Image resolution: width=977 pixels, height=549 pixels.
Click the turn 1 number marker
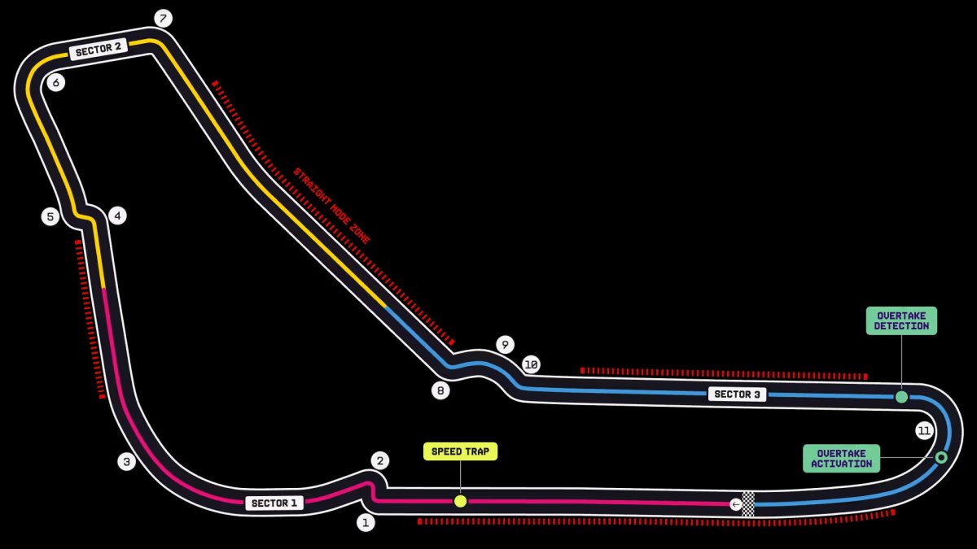366,522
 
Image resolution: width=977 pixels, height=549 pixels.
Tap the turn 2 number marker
380,460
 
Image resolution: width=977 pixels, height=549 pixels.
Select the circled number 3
126,461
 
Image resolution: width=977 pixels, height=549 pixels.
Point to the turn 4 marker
117,216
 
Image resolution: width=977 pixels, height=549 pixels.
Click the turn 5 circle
50,216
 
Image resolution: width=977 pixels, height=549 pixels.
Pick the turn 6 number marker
56,82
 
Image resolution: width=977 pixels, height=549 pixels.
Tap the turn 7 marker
163,19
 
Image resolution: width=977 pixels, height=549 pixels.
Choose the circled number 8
440,391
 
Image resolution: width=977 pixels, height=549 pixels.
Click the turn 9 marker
505,345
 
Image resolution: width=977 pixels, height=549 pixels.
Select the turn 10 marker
531,364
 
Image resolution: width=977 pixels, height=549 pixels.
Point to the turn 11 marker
924,431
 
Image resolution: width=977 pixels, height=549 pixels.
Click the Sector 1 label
274,503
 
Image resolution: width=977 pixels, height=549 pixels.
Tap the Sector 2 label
99,49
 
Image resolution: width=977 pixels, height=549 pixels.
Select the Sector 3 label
737,394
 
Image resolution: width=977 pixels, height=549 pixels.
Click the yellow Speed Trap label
460,451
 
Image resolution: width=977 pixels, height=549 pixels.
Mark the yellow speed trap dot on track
460,501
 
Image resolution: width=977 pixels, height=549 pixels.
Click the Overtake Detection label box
901,320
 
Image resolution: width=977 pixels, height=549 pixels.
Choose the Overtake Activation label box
841,459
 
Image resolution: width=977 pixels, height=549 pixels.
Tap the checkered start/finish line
748,504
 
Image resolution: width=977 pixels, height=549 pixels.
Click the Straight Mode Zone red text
331,206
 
